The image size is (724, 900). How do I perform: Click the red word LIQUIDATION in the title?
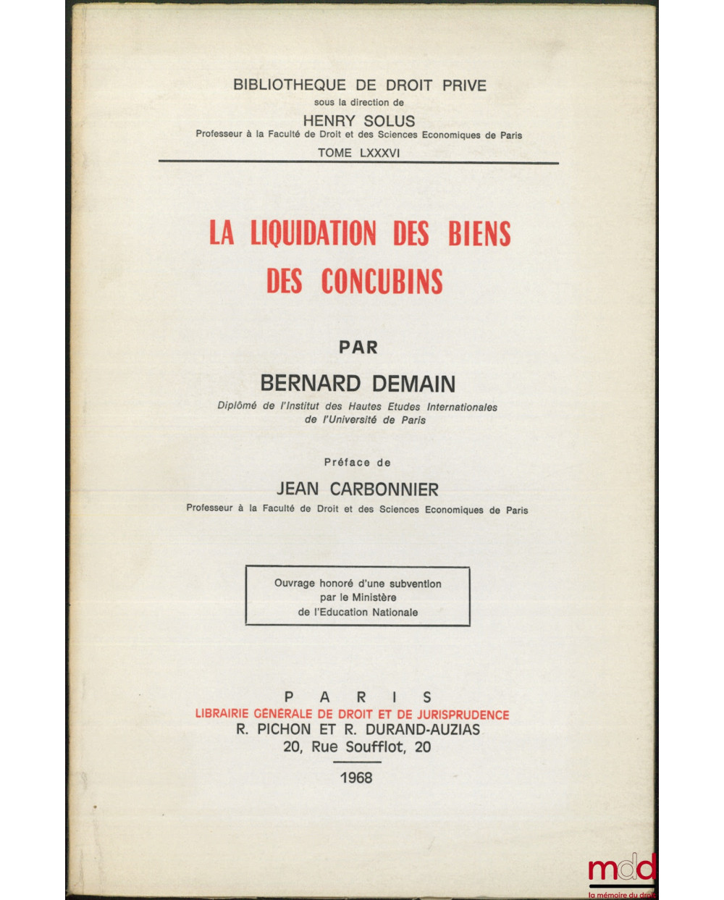coord(313,235)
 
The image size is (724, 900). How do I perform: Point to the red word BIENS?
coord(479,235)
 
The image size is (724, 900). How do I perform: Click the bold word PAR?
coord(358,348)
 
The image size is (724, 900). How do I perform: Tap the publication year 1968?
coord(356,778)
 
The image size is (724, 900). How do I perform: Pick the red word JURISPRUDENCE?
coord(451,715)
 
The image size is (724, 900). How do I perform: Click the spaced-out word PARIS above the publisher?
coord(358,697)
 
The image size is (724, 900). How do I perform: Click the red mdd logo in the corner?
coord(621,870)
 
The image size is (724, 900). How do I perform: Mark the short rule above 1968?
coord(357,762)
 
